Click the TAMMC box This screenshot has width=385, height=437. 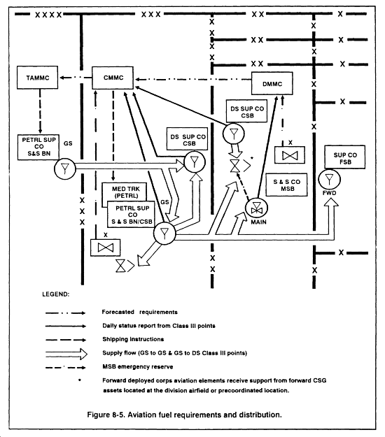click(x=37, y=78)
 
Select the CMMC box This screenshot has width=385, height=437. click(x=113, y=78)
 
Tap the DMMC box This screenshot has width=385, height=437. click(x=272, y=83)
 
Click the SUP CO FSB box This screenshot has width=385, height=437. click(x=345, y=157)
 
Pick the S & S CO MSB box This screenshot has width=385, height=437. click(x=286, y=185)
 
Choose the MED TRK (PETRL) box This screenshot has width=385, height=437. click(x=125, y=192)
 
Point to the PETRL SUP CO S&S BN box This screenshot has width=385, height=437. click(x=38, y=147)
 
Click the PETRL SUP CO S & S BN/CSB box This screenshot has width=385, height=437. click(x=131, y=214)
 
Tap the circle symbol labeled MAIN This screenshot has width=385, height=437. click(x=256, y=208)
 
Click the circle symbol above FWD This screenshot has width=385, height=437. click(x=329, y=179)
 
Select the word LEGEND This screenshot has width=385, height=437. click(x=55, y=294)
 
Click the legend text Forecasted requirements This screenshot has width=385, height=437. click(x=139, y=312)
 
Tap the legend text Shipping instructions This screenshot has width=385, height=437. click(x=133, y=339)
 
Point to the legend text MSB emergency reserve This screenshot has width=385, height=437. click(x=138, y=366)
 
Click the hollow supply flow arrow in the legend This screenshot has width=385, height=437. click(x=66, y=354)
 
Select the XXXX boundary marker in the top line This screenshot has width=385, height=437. click(x=48, y=15)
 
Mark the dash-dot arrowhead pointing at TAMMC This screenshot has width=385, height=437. click(x=62, y=78)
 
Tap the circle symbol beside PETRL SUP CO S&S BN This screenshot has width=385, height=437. click(x=64, y=169)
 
